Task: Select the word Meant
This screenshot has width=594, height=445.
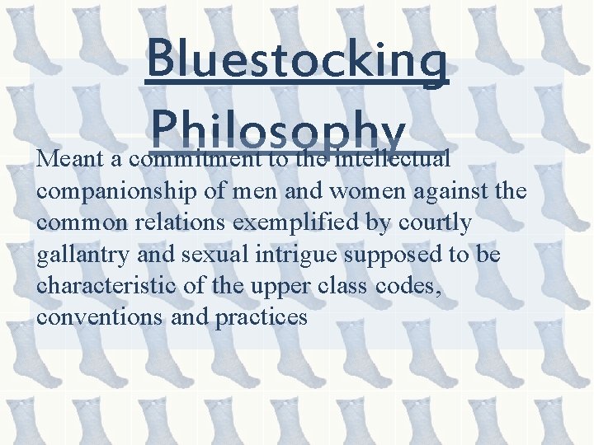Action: click(x=68, y=157)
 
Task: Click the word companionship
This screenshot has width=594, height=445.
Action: click(x=116, y=191)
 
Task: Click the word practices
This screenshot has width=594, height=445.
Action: click(x=261, y=318)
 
